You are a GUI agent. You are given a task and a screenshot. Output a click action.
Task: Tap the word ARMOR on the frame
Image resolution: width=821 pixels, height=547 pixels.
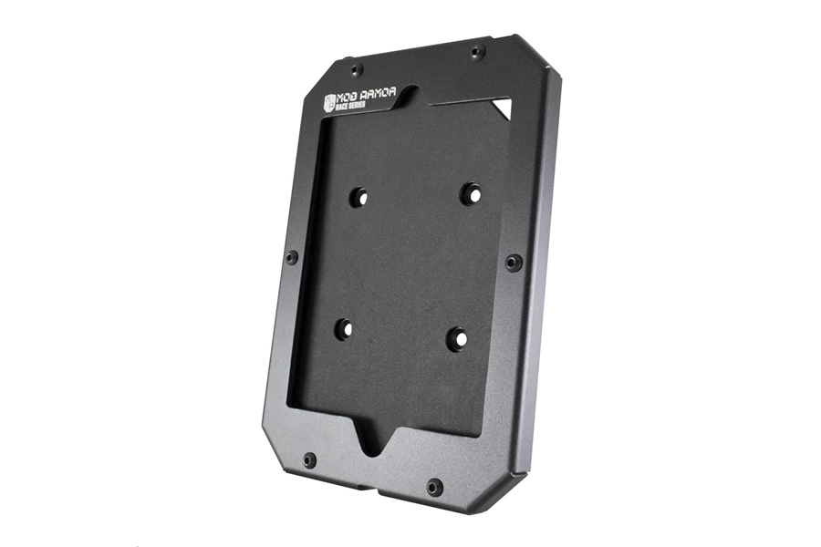(377, 94)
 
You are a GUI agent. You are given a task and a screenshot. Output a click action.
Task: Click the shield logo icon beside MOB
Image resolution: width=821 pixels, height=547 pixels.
(328, 103)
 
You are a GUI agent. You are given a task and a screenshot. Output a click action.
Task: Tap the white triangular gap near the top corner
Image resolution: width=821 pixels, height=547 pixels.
(502, 108)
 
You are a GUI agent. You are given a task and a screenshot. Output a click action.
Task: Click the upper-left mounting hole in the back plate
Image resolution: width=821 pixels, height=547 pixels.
(359, 197)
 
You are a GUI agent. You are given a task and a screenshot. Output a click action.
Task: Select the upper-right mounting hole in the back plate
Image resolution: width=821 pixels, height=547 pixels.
(471, 193)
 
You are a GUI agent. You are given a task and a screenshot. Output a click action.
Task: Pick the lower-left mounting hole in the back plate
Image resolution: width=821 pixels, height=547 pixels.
(345, 329)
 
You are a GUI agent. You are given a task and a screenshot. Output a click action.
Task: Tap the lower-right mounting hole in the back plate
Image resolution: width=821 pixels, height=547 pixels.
(457, 338)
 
